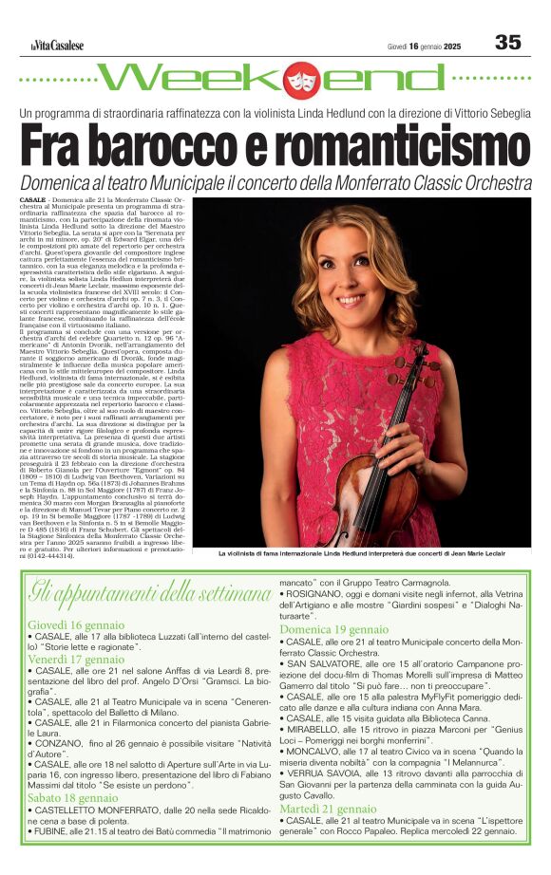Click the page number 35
pos(507,43)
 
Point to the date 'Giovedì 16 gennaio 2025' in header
pos(424,46)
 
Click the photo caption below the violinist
pos(361,552)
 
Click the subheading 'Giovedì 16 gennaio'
pos(75,625)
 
